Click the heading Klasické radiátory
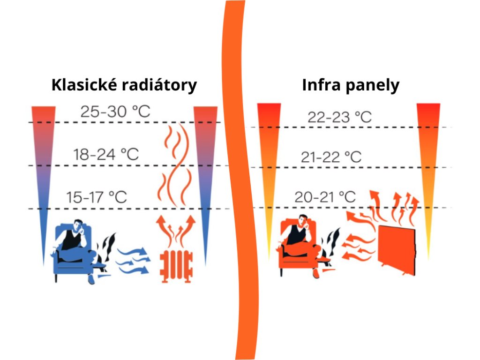(124, 85)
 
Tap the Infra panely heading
(351, 85)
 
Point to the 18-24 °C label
(106, 154)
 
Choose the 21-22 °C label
(331, 157)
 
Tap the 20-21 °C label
(325, 197)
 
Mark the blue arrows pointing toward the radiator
(134, 260)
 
